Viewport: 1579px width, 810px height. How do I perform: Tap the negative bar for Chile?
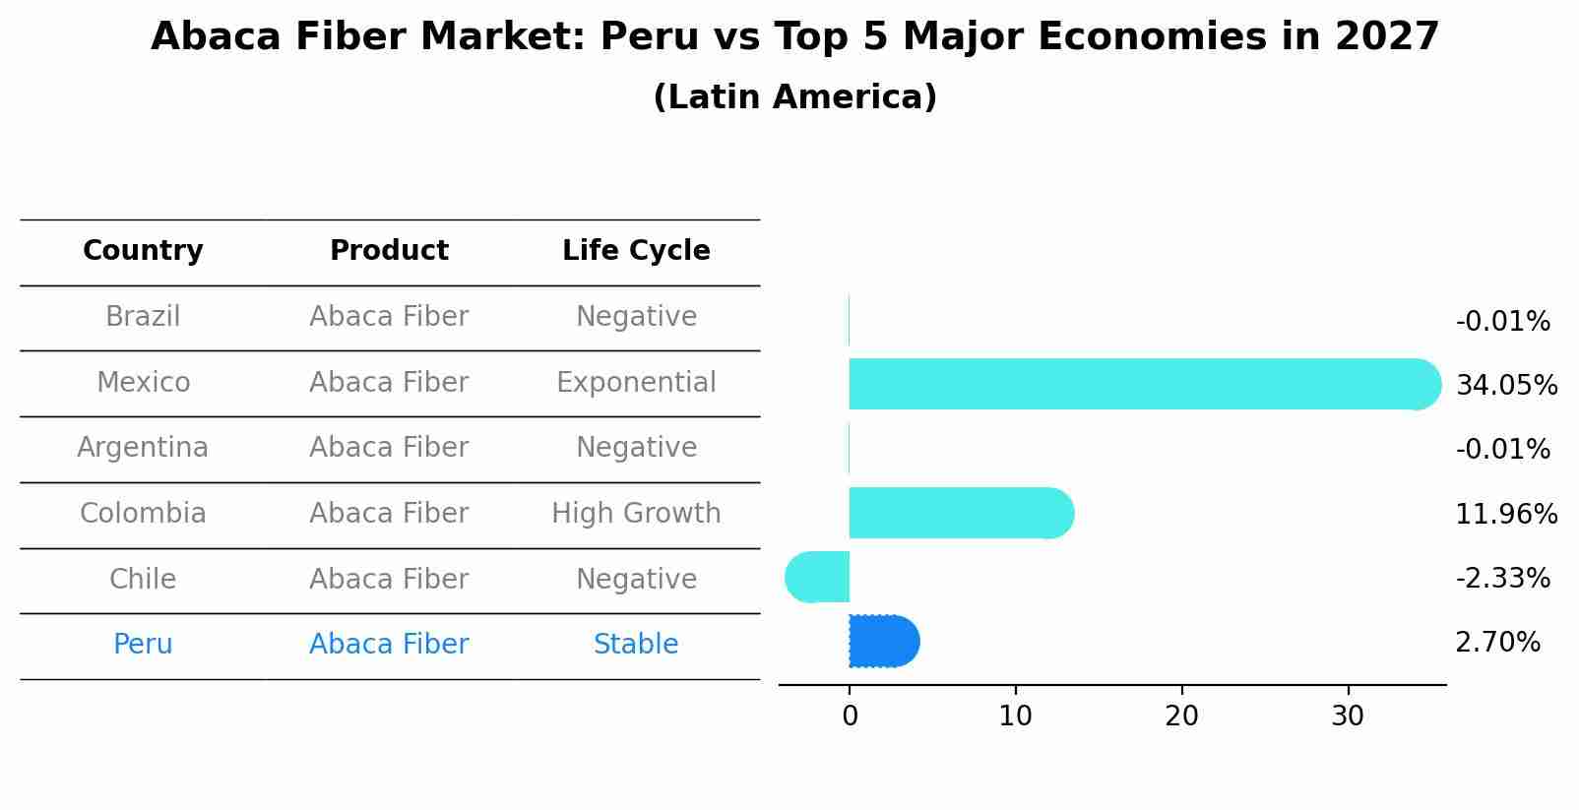pyautogui.click(x=818, y=578)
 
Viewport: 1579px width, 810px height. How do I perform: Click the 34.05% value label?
pyautogui.click(x=1505, y=385)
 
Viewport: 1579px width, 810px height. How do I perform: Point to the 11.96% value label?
pyautogui.click(x=1505, y=514)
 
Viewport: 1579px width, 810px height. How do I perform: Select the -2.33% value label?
pyautogui.click(x=1502, y=578)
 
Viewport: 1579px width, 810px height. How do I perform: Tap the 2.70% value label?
pyautogui.click(x=1497, y=643)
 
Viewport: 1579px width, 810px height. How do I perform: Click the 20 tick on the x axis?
pyautogui.click(x=1181, y=717)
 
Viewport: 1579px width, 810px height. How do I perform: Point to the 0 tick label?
pyautogui.click(x=850, y=717)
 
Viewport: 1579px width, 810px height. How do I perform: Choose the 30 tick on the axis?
pyautogui.click(x=1348, y=717)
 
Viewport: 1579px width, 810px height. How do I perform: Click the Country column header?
pyautogui.click(x=143, y=251)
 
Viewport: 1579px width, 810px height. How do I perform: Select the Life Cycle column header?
pyautogui.click(x=636, y=251)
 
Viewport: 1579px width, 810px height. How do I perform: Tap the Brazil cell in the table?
pyautogui.click(x=143, y=317)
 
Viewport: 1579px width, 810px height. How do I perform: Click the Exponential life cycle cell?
pyautogui.click(x=636, y=382)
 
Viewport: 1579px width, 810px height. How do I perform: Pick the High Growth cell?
pyautogui.click(x=636, y=514)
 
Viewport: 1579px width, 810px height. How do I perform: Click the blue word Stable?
pyautogui.click(x=636, y=645)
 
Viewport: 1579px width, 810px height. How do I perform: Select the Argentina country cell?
pyautogui.click(x=143, y=448)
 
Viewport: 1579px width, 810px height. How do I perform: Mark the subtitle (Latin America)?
pyautogui.click(x=794, y=97)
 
